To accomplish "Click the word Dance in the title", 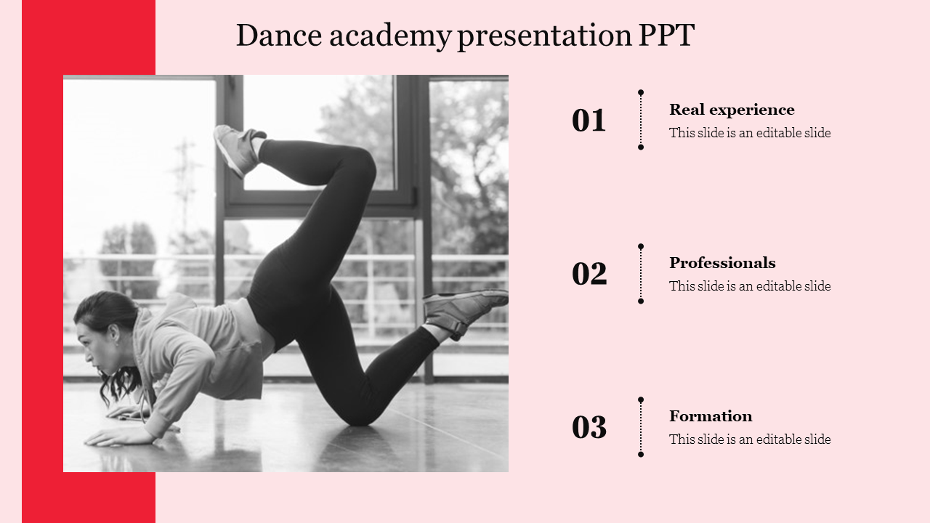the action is click(279, 36).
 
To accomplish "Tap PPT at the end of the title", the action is click(666, 36).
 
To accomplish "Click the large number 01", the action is click(589, 121).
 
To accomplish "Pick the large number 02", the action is click(589, 274).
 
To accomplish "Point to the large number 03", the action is click(589, 427).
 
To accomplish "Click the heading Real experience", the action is click(732, 110).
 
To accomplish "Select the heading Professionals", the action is click(722, 263).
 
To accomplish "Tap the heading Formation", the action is click(711, 416).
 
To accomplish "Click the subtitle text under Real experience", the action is click(750, 133).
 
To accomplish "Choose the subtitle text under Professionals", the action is click(750, 286).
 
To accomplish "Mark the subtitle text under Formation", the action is click(750, 439).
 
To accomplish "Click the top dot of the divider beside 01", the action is click(641, 92).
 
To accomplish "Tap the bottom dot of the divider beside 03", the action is click(641, 455).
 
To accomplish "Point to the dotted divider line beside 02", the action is click(641, 274).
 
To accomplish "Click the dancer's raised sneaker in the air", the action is click(238, 150).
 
